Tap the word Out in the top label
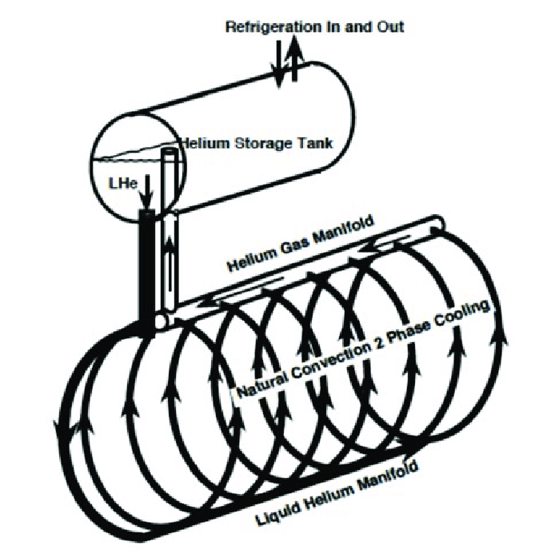pos(390,27)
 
